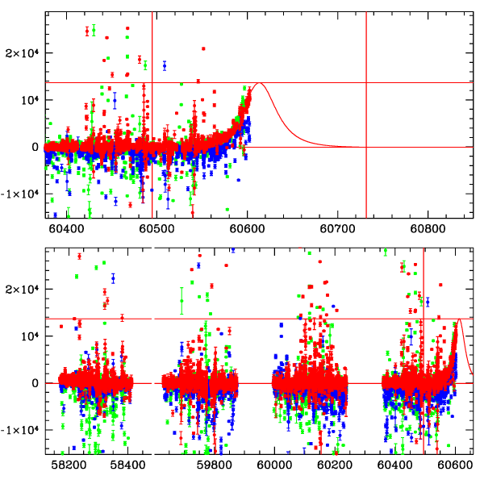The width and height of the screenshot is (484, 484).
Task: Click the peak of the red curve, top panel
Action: click(x=259, y=83)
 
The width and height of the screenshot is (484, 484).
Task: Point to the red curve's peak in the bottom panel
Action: click(x=460, y=319)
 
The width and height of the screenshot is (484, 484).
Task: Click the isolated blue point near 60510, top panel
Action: click(x=165, y=65)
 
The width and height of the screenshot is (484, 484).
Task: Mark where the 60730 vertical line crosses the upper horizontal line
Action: click(x=366, y=82)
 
